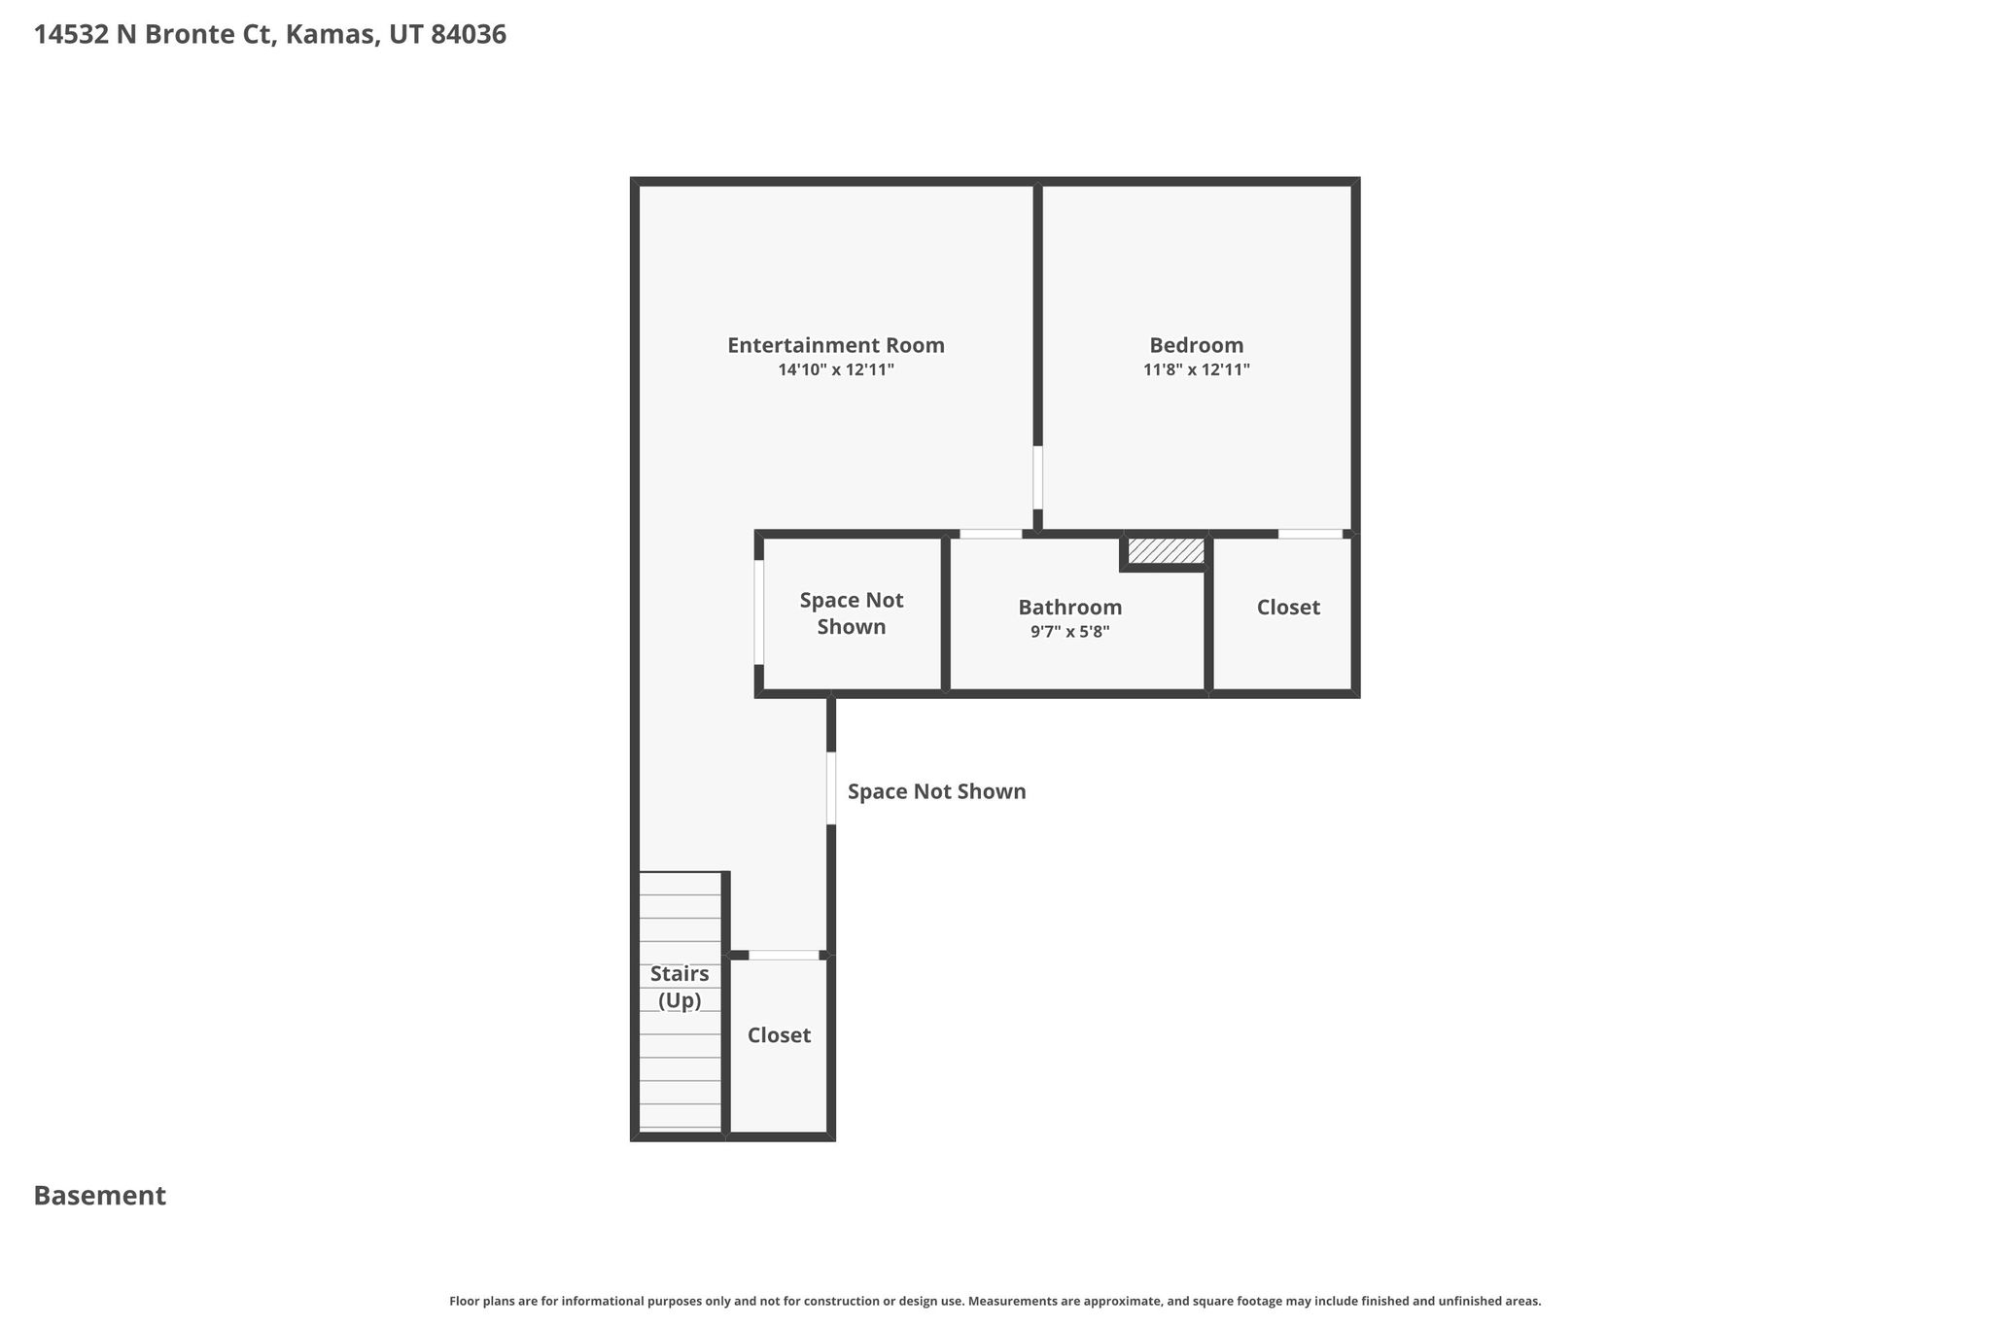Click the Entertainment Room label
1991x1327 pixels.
[836, 345]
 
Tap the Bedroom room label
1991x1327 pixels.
[1196, 345]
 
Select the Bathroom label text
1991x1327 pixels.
[1069, 608]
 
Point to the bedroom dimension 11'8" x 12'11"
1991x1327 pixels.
[1196, 369]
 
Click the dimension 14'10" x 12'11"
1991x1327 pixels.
[836, 369]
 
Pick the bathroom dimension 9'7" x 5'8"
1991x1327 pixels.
[1069, 632]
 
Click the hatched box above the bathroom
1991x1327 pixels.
[1166, 551]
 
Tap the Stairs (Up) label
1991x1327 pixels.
[680, 987]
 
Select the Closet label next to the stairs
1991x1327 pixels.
[779, 1035]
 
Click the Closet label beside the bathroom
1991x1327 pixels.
[1288, 608]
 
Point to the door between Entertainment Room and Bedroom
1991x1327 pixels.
[1037, 477]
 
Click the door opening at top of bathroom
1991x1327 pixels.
[991, 534]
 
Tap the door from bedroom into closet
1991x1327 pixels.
[1310, 534]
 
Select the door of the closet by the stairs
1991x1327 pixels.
[784, 955]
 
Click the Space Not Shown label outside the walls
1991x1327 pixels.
[936, 791]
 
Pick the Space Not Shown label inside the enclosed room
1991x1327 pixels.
[852, 613]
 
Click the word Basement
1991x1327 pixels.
[100, 1196]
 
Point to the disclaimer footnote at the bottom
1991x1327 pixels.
[995, 1301]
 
